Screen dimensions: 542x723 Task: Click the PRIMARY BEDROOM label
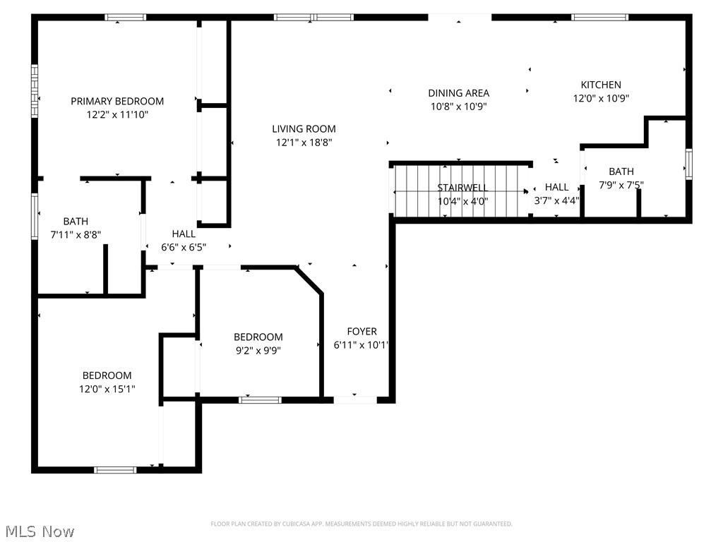117,102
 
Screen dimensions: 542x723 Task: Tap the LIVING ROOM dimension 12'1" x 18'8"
304,142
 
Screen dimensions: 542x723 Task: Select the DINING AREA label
458,93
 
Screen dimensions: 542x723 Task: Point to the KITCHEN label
601,85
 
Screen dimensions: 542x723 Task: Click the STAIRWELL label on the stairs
462,188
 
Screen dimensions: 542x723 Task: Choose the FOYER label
361,332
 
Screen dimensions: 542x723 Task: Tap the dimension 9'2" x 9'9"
258,349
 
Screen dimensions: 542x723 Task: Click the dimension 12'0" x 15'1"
107,388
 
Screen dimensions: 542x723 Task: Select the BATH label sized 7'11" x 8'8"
76,222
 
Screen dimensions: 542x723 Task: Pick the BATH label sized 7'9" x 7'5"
621,171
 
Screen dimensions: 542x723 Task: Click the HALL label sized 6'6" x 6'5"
184,234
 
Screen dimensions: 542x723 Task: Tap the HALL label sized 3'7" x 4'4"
556,188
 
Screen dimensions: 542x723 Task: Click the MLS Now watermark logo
38,531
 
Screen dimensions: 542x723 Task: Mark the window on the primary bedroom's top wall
126,17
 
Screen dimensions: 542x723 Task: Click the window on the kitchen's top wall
599,17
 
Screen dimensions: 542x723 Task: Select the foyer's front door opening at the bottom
355,400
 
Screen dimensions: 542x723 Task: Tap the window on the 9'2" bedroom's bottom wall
261,400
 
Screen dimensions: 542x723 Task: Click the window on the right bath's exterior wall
688,164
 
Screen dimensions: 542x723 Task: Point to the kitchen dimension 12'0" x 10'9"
601,99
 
